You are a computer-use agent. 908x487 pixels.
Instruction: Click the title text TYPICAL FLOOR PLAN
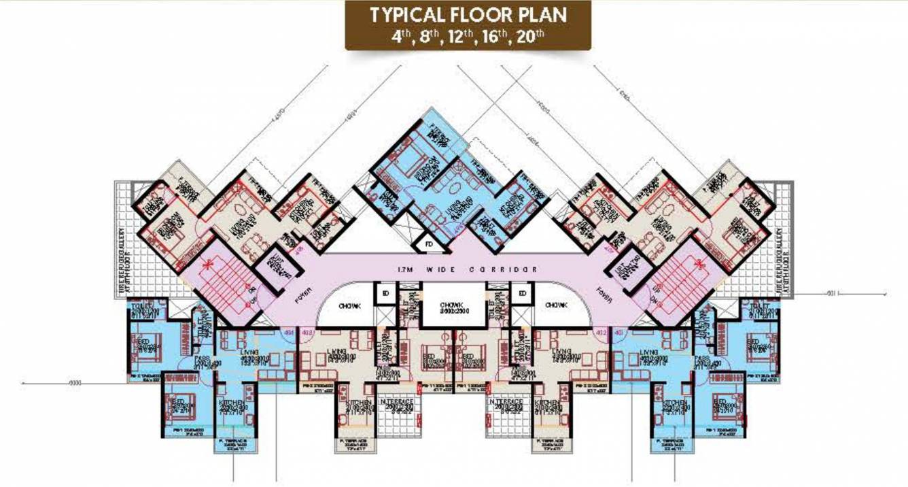(468, 15)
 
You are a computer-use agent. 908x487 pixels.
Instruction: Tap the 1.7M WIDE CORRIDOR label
(468, 269)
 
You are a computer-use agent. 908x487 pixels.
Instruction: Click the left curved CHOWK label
(355, 306)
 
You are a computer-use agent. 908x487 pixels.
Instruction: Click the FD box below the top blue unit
(429, 244)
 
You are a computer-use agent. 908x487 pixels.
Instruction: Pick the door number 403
(306, 333)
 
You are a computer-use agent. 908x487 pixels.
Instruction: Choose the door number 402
(600, 333)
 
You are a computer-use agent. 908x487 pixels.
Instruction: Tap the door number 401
(618, 333)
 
